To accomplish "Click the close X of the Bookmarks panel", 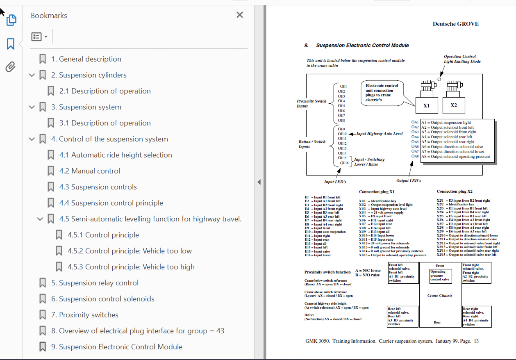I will [x=240, y=15].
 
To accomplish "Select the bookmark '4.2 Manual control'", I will [x=89, y=171].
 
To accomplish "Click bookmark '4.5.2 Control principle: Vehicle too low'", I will [x=130, y=251].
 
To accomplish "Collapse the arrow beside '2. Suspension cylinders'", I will [x=32, y=75].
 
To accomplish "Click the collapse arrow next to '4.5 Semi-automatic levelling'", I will [x=40, y=219].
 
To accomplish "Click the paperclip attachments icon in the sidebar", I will [x=11, y=67].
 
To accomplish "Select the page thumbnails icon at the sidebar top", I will [x=11, y=19].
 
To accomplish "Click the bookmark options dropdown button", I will [x=39, y=36].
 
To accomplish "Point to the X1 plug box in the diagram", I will [x=427, y=105].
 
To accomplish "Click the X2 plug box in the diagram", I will [x=454, y=105].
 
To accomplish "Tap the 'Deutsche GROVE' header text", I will [x=455, y=24].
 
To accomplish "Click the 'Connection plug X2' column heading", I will [x=455, y=191].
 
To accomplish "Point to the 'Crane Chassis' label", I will [x=440, y=295].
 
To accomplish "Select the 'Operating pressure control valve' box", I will [x=440, y=275].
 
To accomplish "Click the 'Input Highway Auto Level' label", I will [x=380, y=134].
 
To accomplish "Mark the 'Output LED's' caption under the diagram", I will [x=408, y=181].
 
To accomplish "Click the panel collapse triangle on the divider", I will [x=259, y=182].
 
